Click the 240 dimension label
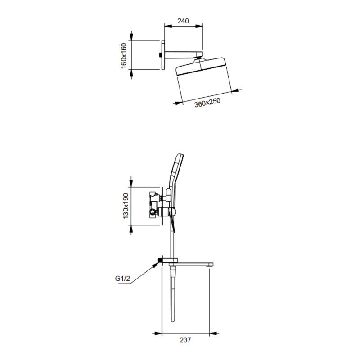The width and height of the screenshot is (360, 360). click(183, 21)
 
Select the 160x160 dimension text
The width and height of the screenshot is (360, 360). click(124, 55)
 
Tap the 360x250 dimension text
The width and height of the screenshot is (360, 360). click(207, 103)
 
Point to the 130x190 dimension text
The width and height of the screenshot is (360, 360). click(126, 206)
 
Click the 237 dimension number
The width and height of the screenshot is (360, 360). click(185, 340)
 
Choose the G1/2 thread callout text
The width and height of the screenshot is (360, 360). click(122, 279)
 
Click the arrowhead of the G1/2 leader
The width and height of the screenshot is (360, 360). click(156, 265)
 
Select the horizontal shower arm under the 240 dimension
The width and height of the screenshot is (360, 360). click(184, 54)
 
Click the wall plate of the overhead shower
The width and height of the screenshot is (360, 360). click(163, 55)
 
